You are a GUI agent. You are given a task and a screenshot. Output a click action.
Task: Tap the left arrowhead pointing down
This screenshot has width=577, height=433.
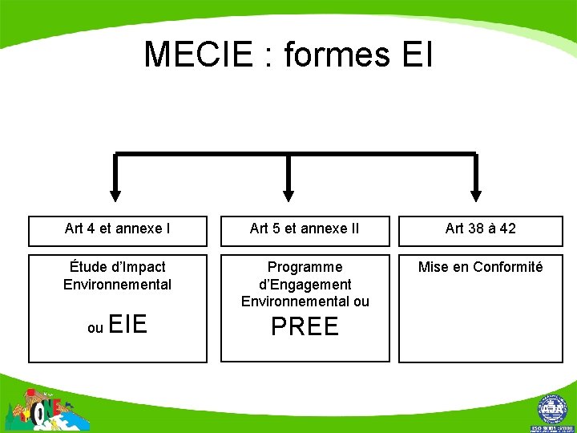tap(115, 194)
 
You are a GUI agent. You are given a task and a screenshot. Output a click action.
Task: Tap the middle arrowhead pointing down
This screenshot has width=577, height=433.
tap(288, 194)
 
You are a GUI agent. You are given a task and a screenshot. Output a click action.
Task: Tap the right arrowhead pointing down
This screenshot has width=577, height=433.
tap(476, 194)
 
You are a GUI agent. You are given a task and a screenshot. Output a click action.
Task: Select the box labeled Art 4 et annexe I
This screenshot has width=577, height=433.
tap(117, 229)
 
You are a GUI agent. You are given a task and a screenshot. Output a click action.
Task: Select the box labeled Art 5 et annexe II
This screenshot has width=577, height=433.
tap(305, 229)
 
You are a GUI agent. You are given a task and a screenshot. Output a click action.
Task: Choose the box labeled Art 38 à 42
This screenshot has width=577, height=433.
tap(481, 229)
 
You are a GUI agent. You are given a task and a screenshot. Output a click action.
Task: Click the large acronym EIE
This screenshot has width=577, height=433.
tap(127, 325)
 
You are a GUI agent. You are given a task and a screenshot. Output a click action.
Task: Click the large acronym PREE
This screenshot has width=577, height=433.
tap(305, 326)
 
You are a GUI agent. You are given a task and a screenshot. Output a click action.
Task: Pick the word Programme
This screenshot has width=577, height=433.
tap(305, 267)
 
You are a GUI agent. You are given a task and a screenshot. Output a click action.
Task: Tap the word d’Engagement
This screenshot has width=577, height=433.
tap(305, 285)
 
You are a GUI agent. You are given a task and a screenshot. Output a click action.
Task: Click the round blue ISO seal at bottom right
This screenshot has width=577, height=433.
tap(552, 410)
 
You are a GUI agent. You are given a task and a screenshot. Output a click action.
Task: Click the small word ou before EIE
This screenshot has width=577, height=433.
tap(95, 328)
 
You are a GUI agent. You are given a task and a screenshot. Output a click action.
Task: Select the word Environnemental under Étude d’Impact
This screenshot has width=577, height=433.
tap(117, 285)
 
